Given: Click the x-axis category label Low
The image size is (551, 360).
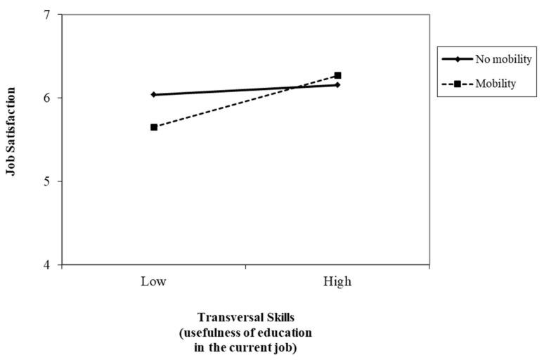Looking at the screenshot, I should [x=153, y=281].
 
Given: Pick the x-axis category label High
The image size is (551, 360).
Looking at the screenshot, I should [x=337, y=281].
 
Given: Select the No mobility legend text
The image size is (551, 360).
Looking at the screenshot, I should [x=503, y=58].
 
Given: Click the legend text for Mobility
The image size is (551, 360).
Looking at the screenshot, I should [x=495, y=84].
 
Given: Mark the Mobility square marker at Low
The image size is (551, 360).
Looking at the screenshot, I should [x=153, y=127].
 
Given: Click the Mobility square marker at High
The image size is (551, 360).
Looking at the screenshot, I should [x=337, y=75].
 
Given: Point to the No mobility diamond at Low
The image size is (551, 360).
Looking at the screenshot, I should [x=153, y=94].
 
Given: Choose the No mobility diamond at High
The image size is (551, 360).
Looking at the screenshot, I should [x=337, y=85].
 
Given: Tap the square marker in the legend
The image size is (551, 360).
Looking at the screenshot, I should [x=457, y=84].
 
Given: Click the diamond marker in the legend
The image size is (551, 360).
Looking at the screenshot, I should [x=457, y=58].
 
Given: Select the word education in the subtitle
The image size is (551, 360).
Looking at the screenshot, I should [x=285, y=331].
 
